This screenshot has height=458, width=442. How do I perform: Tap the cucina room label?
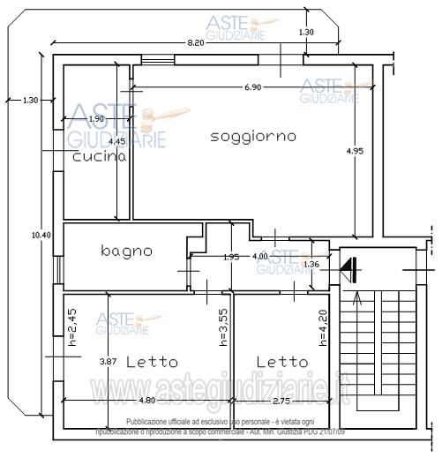[100, 156]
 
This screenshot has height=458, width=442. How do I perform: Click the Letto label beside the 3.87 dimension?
[152, 362]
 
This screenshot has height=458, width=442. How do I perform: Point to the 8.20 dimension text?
[196, 42]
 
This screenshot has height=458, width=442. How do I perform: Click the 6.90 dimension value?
[252, 87]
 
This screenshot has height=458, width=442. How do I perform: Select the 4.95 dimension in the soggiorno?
[356, 150]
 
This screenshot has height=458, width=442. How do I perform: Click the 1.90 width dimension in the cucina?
[97, 118]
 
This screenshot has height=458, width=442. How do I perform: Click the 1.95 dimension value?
[230, 257]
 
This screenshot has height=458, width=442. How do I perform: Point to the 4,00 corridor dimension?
[260, 256]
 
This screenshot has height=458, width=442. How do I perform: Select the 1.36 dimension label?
[311, 264]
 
